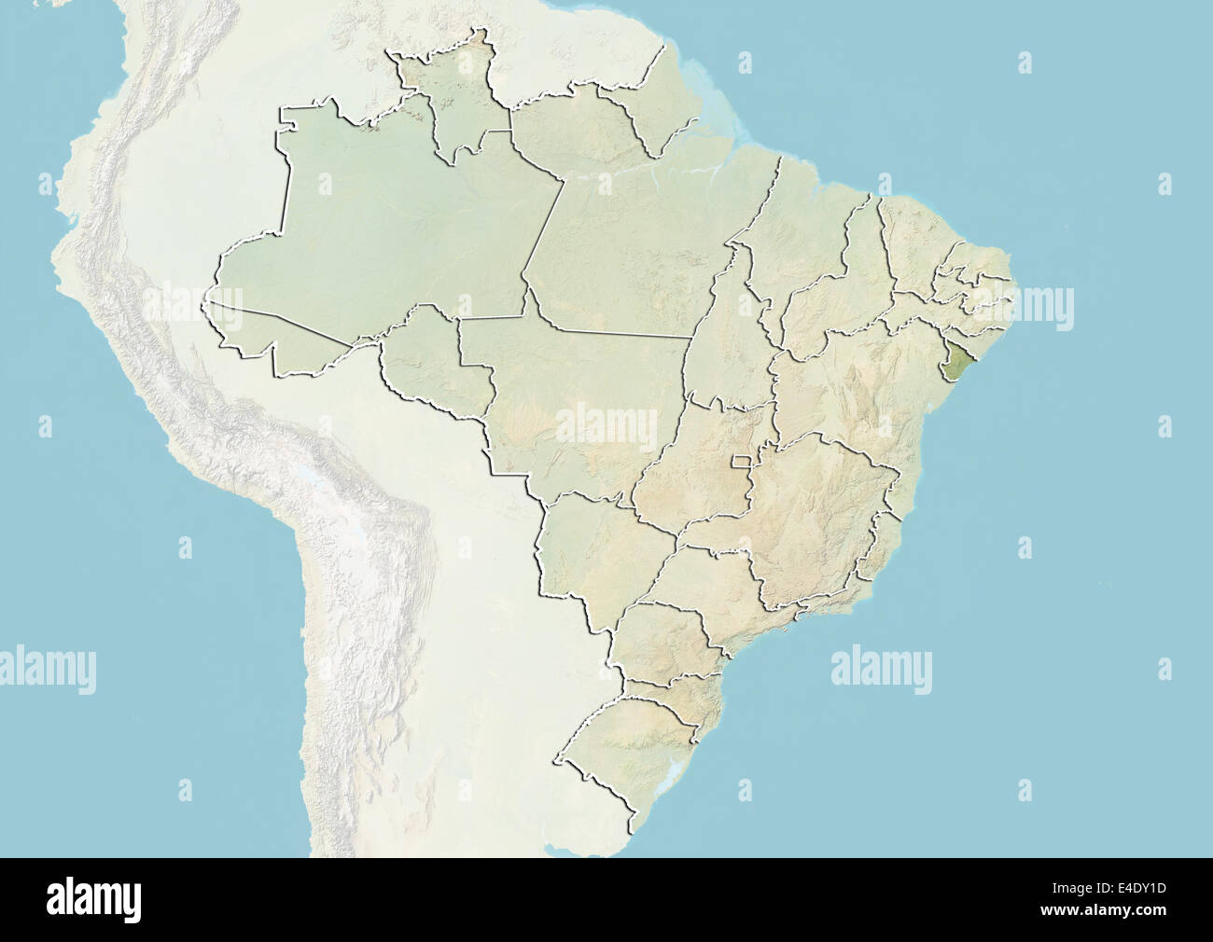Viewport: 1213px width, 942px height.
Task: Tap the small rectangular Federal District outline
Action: (x=744, y=461)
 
